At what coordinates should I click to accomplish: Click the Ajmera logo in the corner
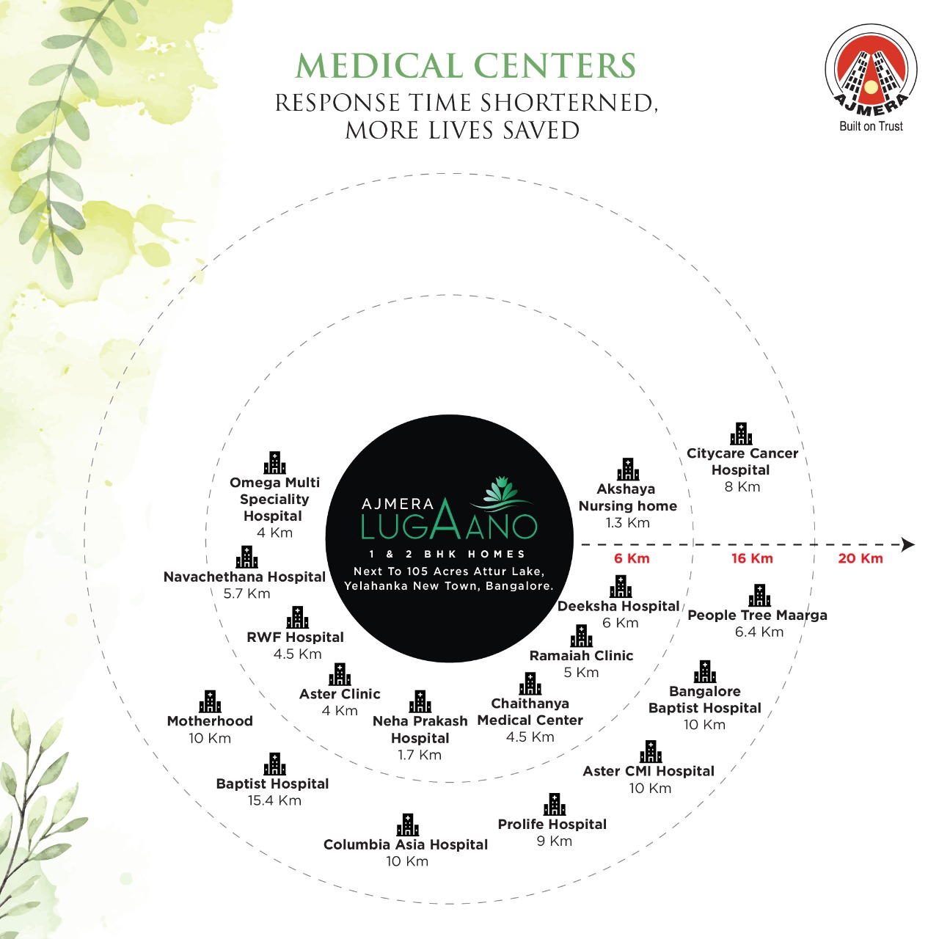point(871,78)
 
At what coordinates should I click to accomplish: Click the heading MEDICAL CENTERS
point(466,66)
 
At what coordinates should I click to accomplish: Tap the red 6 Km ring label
point(632,558)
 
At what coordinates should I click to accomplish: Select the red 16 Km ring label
point(752,558)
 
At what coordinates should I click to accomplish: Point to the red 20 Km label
point(860,558)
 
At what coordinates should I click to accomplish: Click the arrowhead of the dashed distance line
point(908,544)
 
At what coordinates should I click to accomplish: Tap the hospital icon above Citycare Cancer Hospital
point(741,434)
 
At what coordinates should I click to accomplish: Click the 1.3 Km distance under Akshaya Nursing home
point(628,523)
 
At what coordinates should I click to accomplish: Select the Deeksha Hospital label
point(618,606)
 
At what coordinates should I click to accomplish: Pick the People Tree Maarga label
point(757,615)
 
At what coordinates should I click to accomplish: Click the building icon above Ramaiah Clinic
point(581,636)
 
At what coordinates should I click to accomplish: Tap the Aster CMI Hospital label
point(648,771)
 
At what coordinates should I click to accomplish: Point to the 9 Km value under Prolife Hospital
point(554,841)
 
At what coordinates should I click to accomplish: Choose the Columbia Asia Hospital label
point(406,844)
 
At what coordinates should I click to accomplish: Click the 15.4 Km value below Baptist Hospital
point(274,800)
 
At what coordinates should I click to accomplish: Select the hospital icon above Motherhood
point(210,702)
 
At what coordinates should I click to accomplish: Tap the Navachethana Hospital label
point(244,577)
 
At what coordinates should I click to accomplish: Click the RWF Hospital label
point(296,637)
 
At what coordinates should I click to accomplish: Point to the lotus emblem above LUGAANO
point(504,492)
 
